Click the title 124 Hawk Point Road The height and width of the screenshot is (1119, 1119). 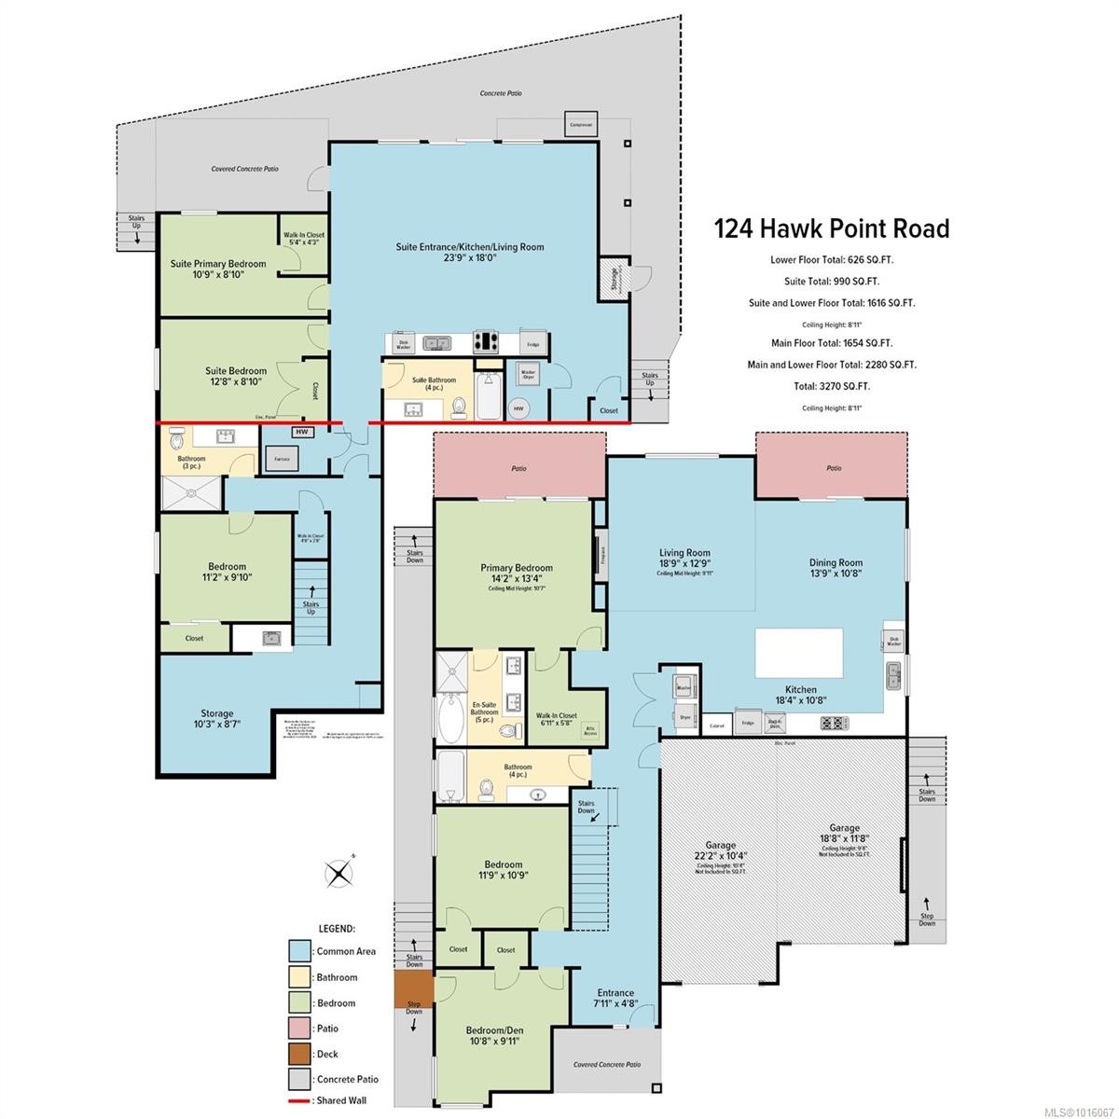click(x=831, y=228)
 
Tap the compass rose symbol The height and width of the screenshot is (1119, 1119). click(x=338, y=873)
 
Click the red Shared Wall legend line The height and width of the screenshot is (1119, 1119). click(x=298, y=1100)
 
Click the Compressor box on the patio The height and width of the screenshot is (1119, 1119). click(x=581, y=124)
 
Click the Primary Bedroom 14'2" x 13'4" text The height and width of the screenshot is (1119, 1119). click(x=517, y=573)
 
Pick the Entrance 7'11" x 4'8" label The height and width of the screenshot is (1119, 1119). click(x=615, y=999)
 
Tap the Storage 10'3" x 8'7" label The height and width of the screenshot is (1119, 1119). click(x=218, y=719)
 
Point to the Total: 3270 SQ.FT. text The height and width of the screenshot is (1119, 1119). click(x=831, y=386)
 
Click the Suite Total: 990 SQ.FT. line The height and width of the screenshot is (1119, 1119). click(x=831, y=281)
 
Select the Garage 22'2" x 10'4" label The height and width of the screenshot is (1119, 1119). click(x=720, y=850)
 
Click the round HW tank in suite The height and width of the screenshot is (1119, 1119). click(x=519, y=408)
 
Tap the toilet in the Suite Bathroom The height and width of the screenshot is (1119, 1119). click(x=459, y=407)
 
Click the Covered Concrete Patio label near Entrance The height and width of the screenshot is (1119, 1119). click(x=607, y=1064)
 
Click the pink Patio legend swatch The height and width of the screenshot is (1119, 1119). click(x=298, y=1028)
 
